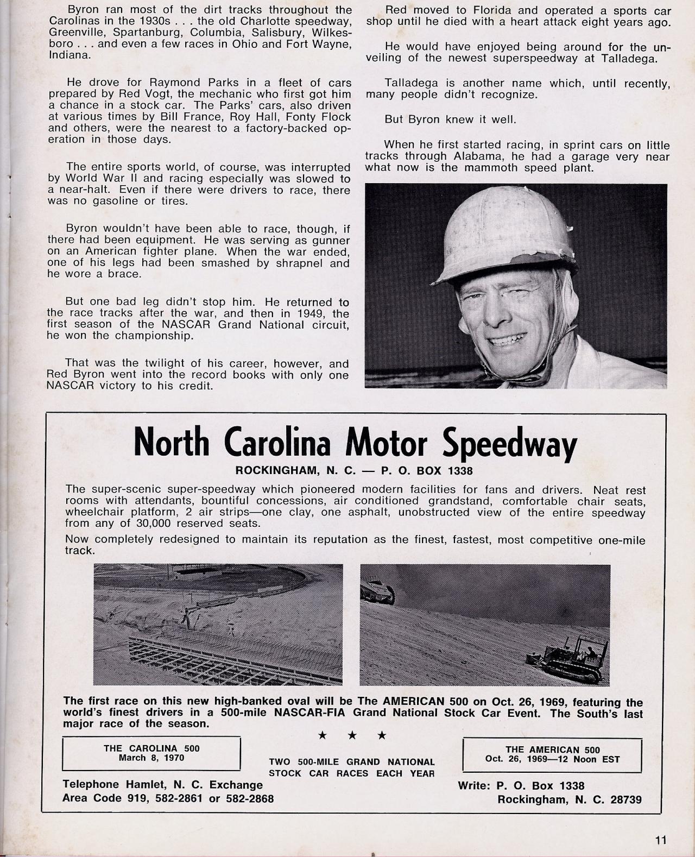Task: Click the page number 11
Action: (x=660, y=840)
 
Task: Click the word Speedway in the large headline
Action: (x=509, y=443)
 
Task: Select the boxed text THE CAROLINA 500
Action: (x=151, y=748)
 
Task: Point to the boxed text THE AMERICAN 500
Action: (x=552, y=749)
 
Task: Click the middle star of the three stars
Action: (x=352, y=735)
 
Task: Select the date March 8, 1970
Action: (x=151, y=758)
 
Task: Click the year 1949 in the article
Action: (x=305, y=313)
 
